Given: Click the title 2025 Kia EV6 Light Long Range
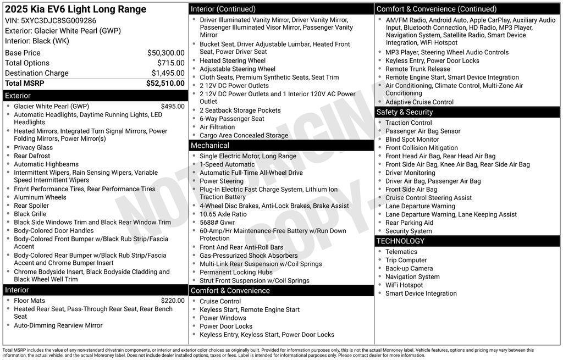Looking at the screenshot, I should pyautogui.click(x=76, y=9).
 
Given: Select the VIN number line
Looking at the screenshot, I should pyautogui.click(x=51, y=21).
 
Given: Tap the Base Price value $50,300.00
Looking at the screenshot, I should pyautogui.click(x=165, y=53).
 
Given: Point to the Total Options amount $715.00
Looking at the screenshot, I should pyautogui.click(x=170, y=63).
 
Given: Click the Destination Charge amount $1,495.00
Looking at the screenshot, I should pyautogui.click(x=168, y=73).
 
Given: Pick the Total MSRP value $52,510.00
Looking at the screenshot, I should pyautogui.click(x=165, y=84).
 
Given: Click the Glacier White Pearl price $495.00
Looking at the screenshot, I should pyautogui.click(x=173, y=107).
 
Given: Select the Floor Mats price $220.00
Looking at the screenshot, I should pyautogui.click(x=173, y=301).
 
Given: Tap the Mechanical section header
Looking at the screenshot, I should pyautogui.click(x=209, y=146).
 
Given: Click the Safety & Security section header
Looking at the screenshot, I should pyautogui.click(x=404, y=112).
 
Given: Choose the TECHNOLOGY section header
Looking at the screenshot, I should pyautogui.click(x=400, y=241).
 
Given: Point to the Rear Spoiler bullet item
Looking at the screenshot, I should pyautogui.click(x=31, y=206).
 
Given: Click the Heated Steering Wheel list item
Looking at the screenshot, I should pyautogui.click(x=232, y=61).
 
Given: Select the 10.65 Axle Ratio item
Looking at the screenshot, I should pyautogui.click(x=223, y=214).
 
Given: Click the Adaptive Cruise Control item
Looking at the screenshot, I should pyautogui.click(x=419, y=102).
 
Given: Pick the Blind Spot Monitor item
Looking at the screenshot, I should pyautogui.click(x=412, y=140).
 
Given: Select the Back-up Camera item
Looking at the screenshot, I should pyautogui.click(x=409, y=269).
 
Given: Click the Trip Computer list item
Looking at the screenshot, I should pyautogui.click(x=406, y=261).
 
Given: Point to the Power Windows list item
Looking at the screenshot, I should pyautogui.click(x=223, y=318).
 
